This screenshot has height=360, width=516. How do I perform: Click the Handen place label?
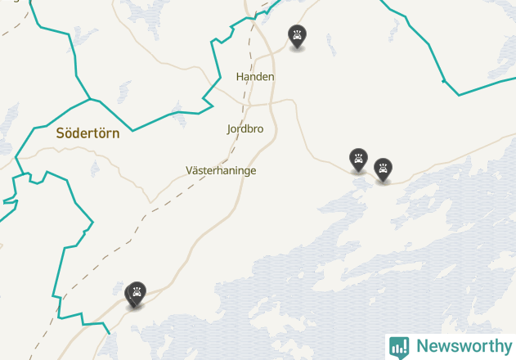click(x=255, y=76)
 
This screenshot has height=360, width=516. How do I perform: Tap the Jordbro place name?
click(x=245, y=128)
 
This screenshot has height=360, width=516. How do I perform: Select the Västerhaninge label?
click(x=221, y=170)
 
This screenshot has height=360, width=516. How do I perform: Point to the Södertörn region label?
click(x=87, y=133)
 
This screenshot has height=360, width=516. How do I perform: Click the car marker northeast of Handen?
click(x=298, y=36)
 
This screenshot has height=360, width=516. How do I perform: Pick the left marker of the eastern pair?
click(x=358, y=159)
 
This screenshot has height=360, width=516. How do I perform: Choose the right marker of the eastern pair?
click(x=383, y=169)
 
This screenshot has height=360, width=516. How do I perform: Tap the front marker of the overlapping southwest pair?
click(x=137, y=292)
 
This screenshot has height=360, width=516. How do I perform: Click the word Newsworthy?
click(x=462, y=346)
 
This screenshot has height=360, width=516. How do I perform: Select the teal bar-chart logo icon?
click(x=399, y=347)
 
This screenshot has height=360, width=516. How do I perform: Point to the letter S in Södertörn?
click(x=61, y=133)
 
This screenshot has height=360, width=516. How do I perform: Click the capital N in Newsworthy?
click(x=422, y=346)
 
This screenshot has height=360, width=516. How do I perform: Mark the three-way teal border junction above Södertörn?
click(x=90, y=100)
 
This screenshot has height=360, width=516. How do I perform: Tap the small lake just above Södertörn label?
click(x=124, y=90)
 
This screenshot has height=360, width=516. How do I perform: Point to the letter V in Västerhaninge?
click(x=190, y=170)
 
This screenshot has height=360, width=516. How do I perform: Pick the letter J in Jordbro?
click(x=230, y=128)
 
